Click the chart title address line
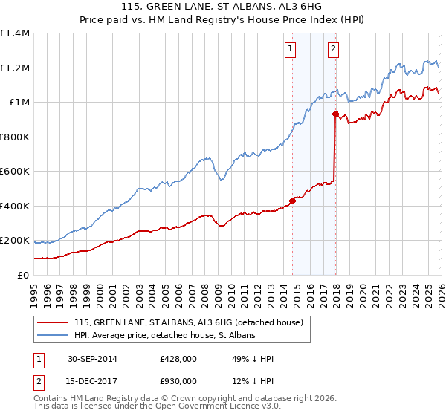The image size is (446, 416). [223, 7]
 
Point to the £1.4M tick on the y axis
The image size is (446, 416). [14, 33]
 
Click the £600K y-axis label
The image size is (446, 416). [14, 172]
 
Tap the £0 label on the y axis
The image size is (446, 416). [22, 276]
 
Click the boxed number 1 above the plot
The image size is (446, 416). [289, 50]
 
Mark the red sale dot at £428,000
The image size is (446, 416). [292, 201]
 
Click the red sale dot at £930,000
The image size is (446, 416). [335, 114]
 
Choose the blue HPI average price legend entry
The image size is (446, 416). [164, 336]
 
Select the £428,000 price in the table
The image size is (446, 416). [178, 360]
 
